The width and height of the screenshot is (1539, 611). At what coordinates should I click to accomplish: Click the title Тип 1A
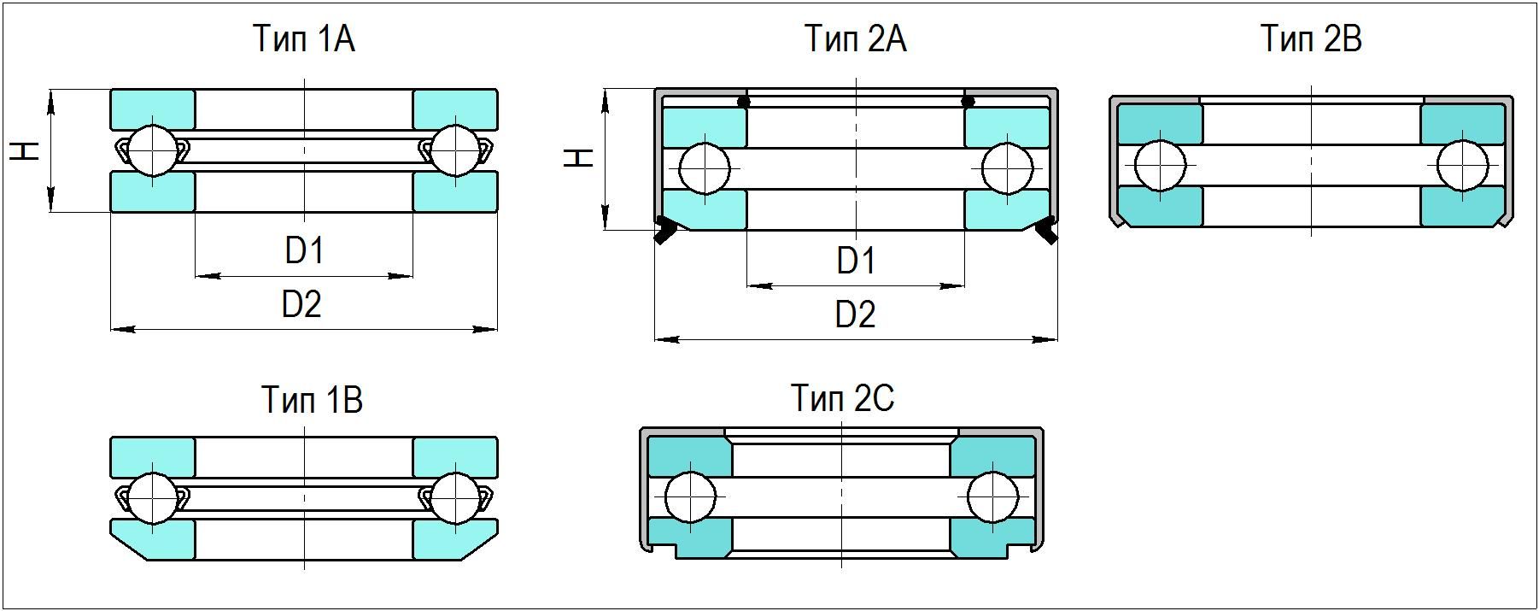[303, 39]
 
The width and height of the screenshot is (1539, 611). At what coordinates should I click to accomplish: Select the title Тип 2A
[855, 39]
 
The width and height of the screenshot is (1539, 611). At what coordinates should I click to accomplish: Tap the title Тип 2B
[1311, 39]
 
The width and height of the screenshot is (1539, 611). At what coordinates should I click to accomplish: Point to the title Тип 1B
[312, 400]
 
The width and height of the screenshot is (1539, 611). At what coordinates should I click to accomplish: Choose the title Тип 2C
[842, 398]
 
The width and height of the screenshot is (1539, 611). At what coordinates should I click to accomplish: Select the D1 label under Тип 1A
[304, 251]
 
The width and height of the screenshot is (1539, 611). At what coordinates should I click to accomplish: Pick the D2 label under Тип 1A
[301, 304]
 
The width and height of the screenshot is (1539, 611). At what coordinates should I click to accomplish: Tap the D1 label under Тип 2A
[855, 261]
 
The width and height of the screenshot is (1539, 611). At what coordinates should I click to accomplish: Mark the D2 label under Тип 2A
[855, 314]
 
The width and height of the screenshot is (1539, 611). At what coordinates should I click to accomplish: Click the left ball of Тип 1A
[154, 150]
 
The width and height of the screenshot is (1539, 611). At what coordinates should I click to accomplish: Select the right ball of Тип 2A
[1007, 169]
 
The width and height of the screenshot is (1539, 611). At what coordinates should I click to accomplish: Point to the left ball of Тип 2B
[1161, 166]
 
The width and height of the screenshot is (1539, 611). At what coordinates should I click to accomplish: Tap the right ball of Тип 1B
[454, 498]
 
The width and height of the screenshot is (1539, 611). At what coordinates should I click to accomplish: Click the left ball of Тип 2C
[690, 497]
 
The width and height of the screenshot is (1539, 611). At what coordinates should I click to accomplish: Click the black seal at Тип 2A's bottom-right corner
[1046, 231]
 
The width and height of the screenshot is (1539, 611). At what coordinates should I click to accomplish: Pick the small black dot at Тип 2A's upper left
[744, 102]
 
